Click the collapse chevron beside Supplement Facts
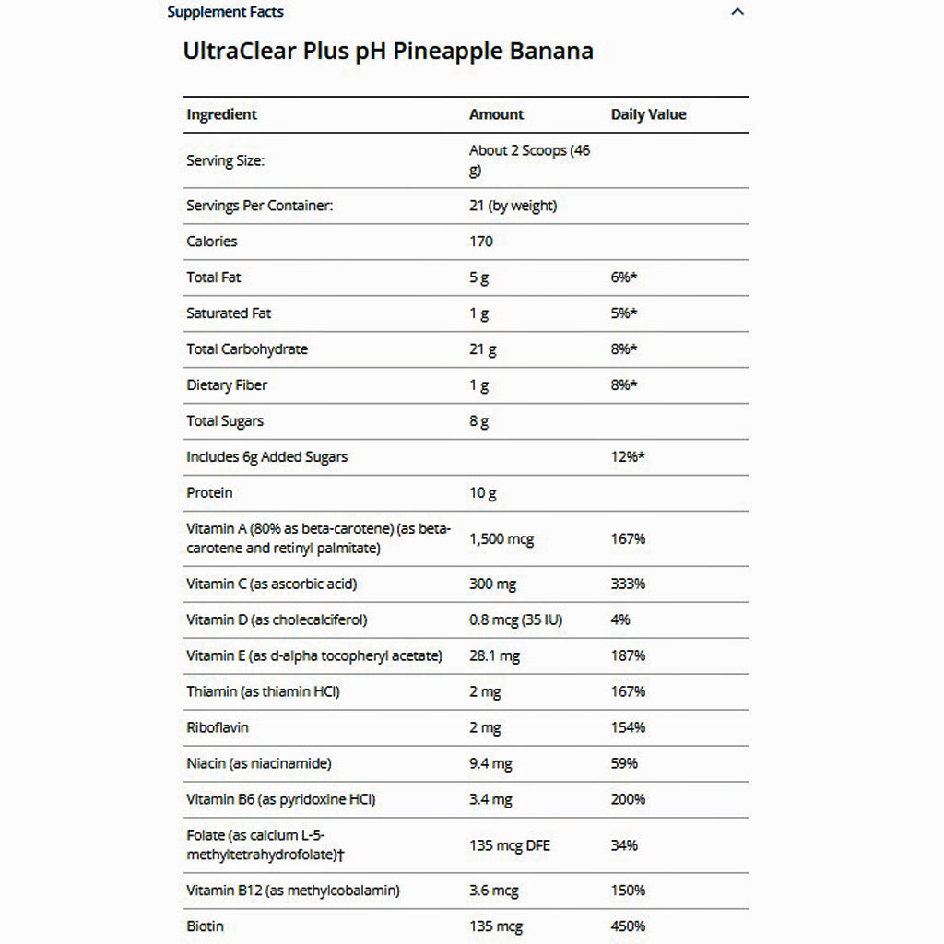[737, 12]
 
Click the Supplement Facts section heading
[225, 12]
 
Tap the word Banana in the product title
[551, 51]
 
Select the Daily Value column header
[648, 114]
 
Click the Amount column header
[496, 114]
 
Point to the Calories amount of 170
[481, 242]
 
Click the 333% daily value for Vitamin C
[628, 584]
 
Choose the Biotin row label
[205, 926]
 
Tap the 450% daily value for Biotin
[628, 926]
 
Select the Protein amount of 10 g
[483, 493]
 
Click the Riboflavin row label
[218, 727]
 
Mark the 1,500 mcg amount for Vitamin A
[501, 538]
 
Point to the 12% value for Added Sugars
[627, 457]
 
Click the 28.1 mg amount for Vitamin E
[495, 655]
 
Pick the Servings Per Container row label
[259, 206]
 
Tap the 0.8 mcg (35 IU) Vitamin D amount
[515, 619]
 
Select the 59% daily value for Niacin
[624, 763]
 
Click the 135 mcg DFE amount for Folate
[510, 845]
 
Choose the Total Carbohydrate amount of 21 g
[483, 349]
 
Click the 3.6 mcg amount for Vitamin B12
[494, 891]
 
